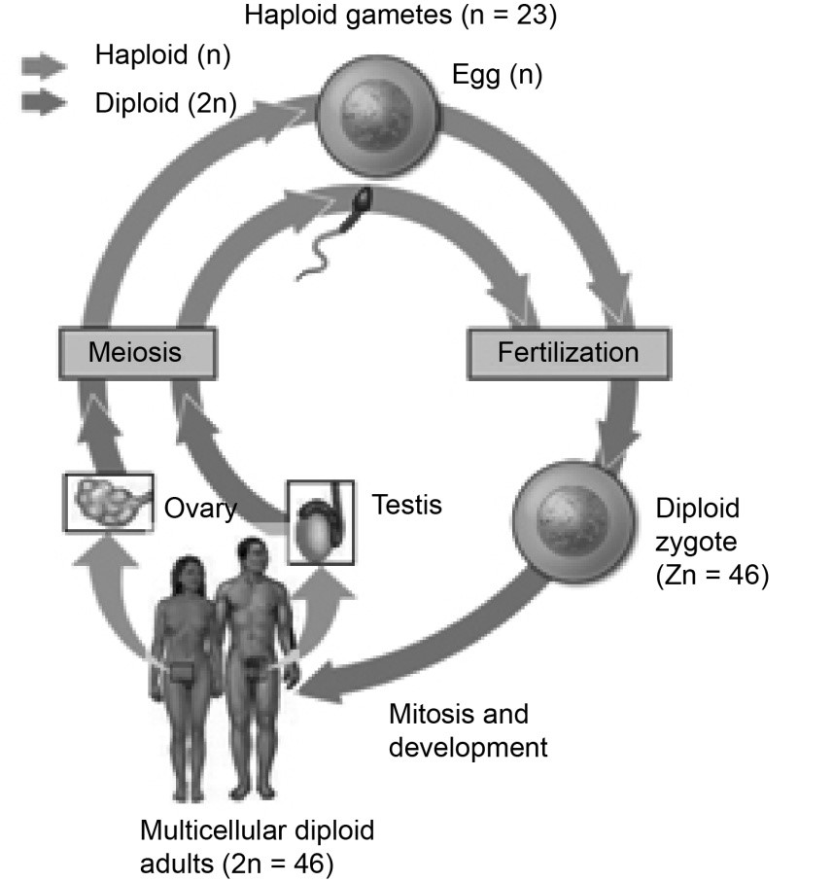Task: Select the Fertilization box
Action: [568, 351]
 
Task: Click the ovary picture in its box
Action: [107, 502]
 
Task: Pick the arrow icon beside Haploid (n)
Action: [44, 65]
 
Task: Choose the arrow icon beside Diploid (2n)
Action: [44, 103]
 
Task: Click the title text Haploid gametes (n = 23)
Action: [399, 16]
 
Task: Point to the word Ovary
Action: [200, 509]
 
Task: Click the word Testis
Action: [407, 505]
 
